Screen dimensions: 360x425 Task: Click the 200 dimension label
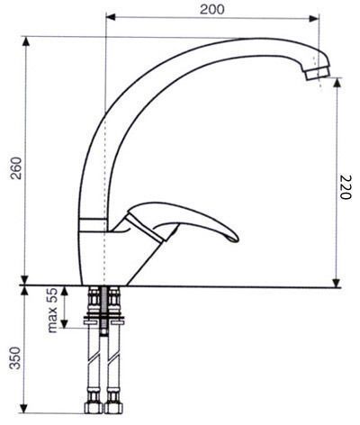[211, 9]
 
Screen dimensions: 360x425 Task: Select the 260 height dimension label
[16, 167]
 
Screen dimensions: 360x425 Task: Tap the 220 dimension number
[345, 187]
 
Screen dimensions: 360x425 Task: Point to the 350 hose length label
[15, 357]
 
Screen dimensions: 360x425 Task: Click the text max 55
[52, 310]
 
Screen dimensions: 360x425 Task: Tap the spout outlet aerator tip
[318, 73]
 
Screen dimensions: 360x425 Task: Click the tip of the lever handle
[237, 240]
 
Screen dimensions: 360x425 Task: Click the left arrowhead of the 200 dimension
[111, 17]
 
